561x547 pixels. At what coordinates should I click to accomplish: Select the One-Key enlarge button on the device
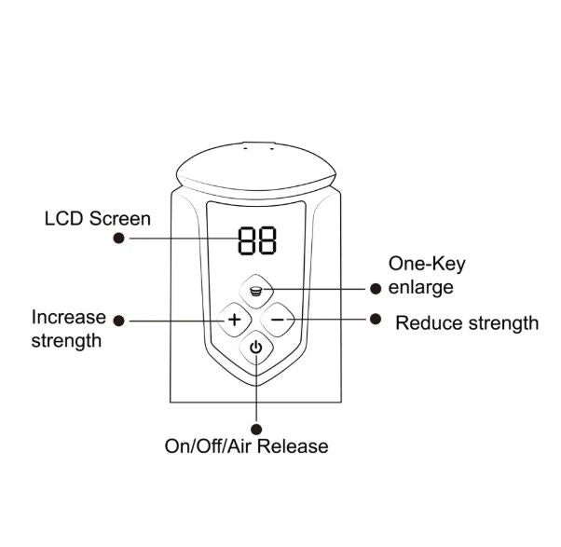(255, 290)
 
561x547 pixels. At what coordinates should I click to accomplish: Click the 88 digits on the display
(255, 242)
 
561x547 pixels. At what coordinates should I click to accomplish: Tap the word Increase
(69, 317)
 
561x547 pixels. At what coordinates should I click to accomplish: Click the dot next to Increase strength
(119, 320)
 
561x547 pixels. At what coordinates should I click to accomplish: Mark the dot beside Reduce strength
(376, 319)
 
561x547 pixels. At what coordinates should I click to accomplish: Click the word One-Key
(427, 264)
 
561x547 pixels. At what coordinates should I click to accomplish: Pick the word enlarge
(421, 287)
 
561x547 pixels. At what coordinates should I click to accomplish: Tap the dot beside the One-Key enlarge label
(376, 288)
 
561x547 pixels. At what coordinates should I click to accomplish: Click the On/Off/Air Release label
(246, 445)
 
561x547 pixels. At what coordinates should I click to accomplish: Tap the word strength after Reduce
(499, 323)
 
